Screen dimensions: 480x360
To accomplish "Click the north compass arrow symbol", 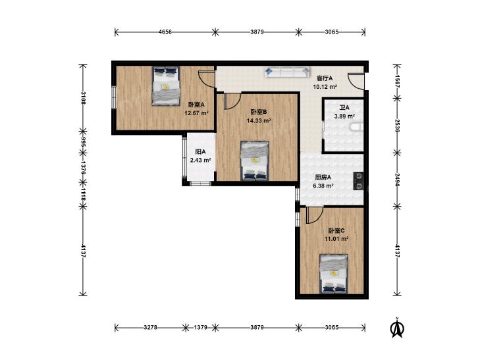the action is [x=397, y=328].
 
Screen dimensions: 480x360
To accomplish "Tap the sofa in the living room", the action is [x=287, y=72].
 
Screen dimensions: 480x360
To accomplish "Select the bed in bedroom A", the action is [x=166, y=86].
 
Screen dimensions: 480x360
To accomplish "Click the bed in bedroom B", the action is [x=255, y=161].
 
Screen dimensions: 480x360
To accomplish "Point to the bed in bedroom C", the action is [x=334, y=273].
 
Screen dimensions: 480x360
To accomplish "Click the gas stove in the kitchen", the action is [x=358, y=181].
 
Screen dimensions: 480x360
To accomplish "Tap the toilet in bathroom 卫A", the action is [x=357, y=127].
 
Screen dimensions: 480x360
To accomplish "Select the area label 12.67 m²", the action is [x=196, y=113].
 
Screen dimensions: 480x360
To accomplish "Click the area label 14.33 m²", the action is [x=259, y=120].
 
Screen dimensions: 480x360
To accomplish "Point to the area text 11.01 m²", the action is [x=336, y=238].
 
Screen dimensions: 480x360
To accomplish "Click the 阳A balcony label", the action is [x=201, y=152].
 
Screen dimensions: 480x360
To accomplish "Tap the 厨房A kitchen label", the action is [x=323, y=177].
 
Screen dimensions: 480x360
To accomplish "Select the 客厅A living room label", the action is [x=325, y=78].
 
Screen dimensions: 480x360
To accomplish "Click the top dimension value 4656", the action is [x=165, y=32].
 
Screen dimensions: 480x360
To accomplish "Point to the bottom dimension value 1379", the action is [x=201, y=327].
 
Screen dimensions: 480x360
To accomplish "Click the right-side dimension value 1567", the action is [x=397, y=82].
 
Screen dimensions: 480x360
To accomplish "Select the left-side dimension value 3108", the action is [x=83, y=98].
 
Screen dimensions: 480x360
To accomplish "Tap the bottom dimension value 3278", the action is [x=150, y=327].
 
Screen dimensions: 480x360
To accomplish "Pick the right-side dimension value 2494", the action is [x=397, y=180].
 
